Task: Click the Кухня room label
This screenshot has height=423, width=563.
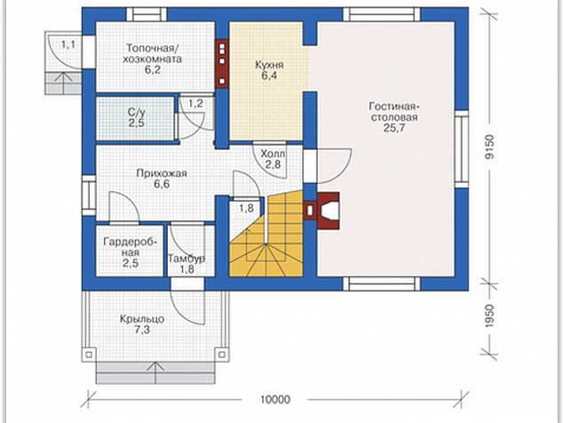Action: [x=269, y=65]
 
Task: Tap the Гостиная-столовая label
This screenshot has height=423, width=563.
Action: [x=394, y=113]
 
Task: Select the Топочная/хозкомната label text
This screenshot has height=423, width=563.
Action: [x=152, y=53]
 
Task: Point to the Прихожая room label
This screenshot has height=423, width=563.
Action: [x=162, y=173]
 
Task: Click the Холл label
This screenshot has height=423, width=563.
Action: [x=273, y=154]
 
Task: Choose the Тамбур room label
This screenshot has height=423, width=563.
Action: [x=186, y=259]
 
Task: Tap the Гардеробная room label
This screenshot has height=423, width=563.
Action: [x=131, y=247]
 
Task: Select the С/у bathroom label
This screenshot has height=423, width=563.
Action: [x=137, y=113]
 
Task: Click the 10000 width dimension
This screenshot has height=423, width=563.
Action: [x=275, y=399]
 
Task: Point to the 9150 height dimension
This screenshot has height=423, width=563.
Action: [x=489, y=147]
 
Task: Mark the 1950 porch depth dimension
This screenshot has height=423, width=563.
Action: [x=489, y=316]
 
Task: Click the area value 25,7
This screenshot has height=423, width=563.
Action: [x=394, y=128]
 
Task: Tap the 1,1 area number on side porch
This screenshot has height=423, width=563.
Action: [x=68, y=45]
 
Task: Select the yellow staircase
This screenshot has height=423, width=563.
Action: [x=266, y=234]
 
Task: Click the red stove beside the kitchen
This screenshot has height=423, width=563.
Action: [x=222, y=64]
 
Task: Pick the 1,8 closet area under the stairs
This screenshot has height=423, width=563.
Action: [x=247, y=208]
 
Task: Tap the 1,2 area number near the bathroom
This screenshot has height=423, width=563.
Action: [x=196, y=104]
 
